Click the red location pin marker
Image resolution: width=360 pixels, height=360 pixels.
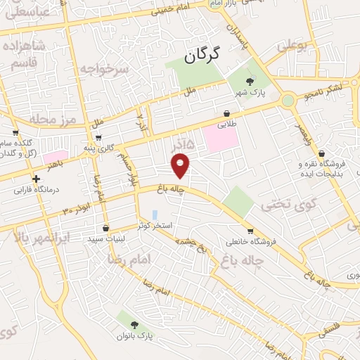tap(181, 166)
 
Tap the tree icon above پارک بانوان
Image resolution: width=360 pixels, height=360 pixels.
tap(134, 324)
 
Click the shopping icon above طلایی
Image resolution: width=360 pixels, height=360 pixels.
tap(226, 113)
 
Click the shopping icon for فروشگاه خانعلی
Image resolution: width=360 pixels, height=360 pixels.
tap(250, 231)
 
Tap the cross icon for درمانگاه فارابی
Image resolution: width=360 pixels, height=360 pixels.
tap(36, 179)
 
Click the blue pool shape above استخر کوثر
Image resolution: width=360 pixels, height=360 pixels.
tap(155, 214)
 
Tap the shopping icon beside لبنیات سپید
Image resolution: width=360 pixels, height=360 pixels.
tap(105, 228)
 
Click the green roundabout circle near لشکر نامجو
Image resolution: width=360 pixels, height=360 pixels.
tap(288, 101)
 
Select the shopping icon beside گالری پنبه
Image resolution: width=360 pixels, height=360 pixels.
tap(98, 136)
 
